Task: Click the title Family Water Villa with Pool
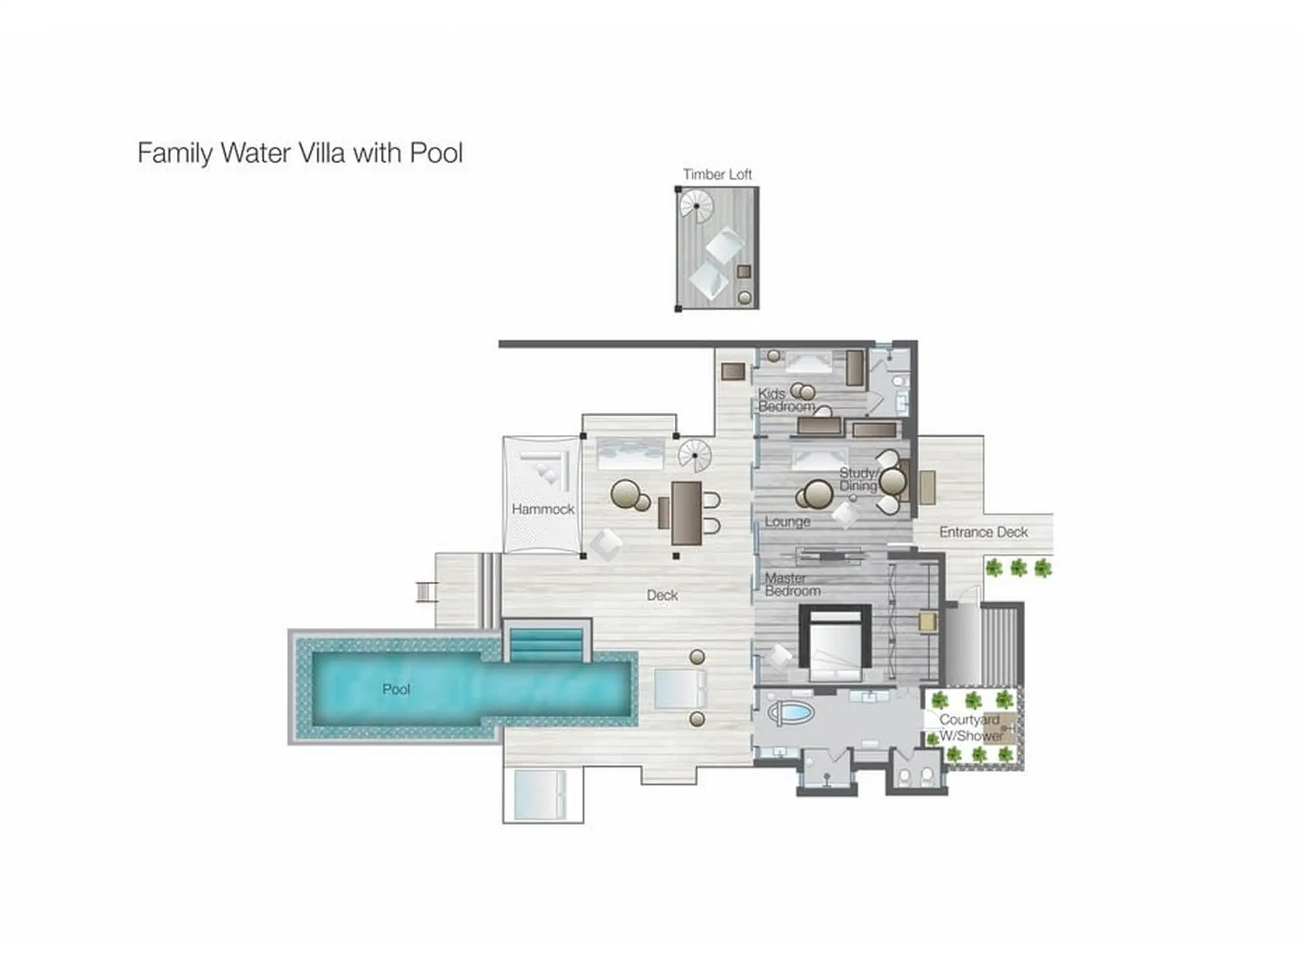(x=300, y=154)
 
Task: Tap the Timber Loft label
(x=717, y=175)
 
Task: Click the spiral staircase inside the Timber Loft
(x=696, y=207)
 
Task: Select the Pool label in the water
(x=396, y=689)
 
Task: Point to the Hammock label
(x=543, y=509)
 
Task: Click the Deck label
(x=662, y=595)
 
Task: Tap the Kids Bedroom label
(x=786, y=400)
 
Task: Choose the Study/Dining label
(x=858, y=479)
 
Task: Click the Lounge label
(x=787, y=522)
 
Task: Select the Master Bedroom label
(x=792, y=585)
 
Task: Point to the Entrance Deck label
(x=983, y=533)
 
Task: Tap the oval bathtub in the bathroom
(x=791, y=713)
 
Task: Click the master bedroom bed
(x=835, y=644)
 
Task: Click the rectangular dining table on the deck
(x=686, y=514)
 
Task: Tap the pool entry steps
(x=546, y=644)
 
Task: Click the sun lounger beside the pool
(x=680, y=689)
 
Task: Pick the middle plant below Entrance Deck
(x=1018, y=567)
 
